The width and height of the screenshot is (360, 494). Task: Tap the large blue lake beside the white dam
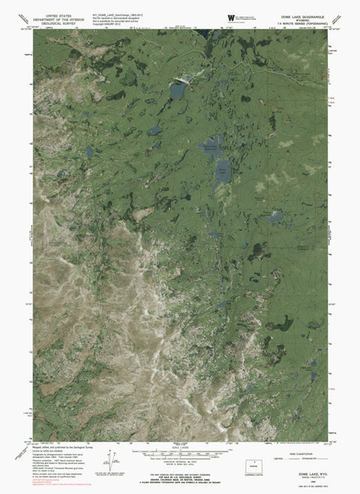[x=178, y=92]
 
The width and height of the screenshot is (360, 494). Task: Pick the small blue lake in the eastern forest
[x=276, y=217]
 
